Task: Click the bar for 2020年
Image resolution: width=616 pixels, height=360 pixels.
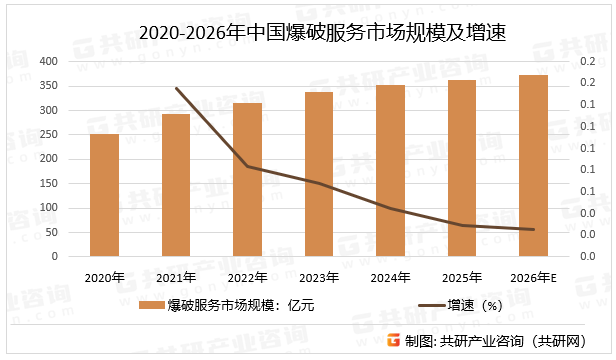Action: pyautogui.click(x=104, y=195)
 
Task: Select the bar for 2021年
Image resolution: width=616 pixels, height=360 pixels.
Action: pyautogui.click(x=176, y=185)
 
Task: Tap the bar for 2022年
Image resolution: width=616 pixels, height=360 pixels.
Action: pyautogui.click(x=247, y=180)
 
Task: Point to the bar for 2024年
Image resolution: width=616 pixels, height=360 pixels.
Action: pyautogui.click(x=390, y=171)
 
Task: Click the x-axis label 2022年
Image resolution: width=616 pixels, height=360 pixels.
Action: pyautogui.click(x=247, y=277)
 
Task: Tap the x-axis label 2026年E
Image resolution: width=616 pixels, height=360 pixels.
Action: pyautogui.click(x=533, y=277)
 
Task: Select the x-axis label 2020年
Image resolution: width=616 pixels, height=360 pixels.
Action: pyautogui.click(x=104, y=277)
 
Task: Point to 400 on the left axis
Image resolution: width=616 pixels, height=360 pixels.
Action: pyautogui.click(x=47, y=61)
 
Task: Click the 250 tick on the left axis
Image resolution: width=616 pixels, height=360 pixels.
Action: pyautogui.click(x=47, y=134)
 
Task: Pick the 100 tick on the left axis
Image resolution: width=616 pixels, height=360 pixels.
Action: pyautogui.click(x=47, y=208)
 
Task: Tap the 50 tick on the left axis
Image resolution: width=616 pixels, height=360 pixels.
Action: pyautogui.click(x=50, y=232)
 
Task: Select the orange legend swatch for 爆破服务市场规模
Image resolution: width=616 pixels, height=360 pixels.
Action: pyautogui.click(x=151, y=305)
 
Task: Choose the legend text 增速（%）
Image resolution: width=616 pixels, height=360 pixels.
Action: pyautogui.click(x=480, y=305)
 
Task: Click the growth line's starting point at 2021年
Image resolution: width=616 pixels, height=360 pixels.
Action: pyautogui.click(x=176, y=88)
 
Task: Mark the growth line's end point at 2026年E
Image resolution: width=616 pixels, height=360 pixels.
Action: pyautogui.click(x=533, y=229)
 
